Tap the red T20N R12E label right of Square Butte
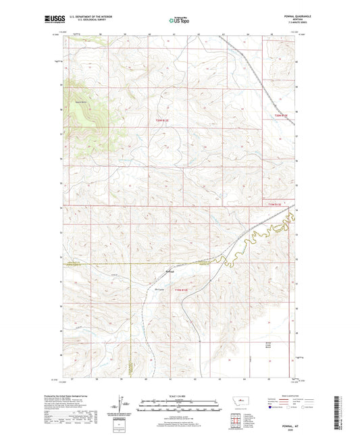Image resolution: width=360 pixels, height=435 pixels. (x=159, y=121)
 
